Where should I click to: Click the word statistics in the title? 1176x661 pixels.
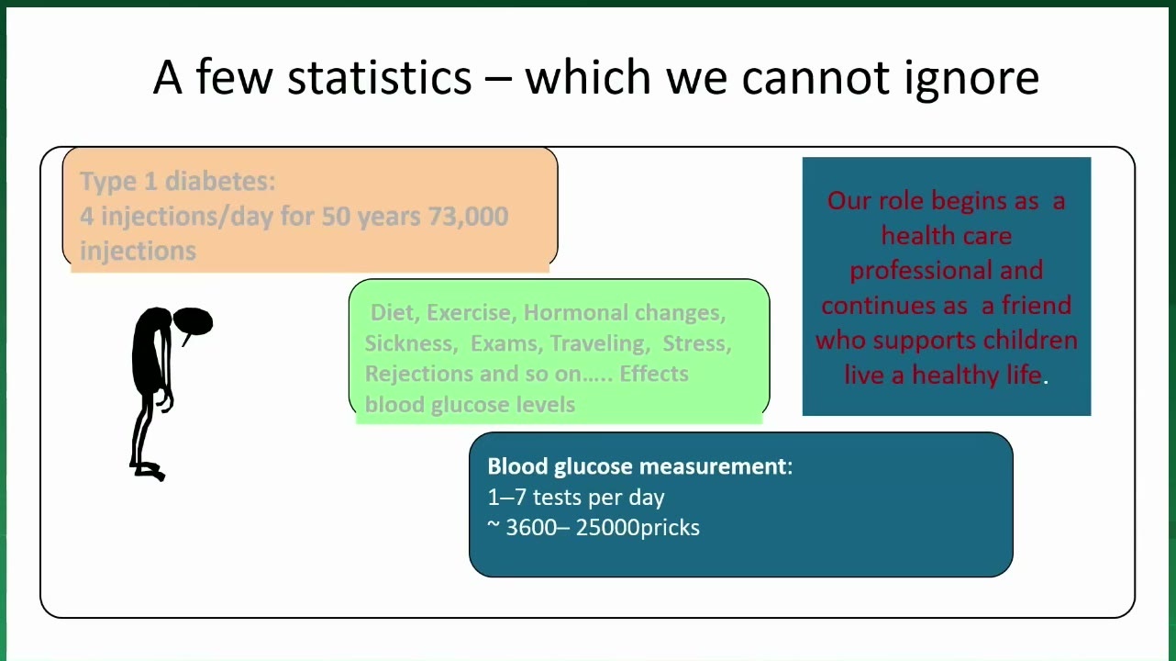(380, 77)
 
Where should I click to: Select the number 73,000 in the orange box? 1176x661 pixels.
(469, 216)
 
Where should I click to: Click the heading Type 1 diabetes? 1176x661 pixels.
(177, 181)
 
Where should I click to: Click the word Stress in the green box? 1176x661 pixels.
(696, 343)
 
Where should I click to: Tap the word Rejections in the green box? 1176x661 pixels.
(419, 375)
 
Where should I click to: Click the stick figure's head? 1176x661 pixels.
(194, 321)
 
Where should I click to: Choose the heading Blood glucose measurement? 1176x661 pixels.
(640, 466)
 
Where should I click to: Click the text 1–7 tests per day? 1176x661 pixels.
(576, 497)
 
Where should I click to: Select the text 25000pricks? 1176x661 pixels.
(638, 528)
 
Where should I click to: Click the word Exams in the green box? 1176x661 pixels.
(504, 343)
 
